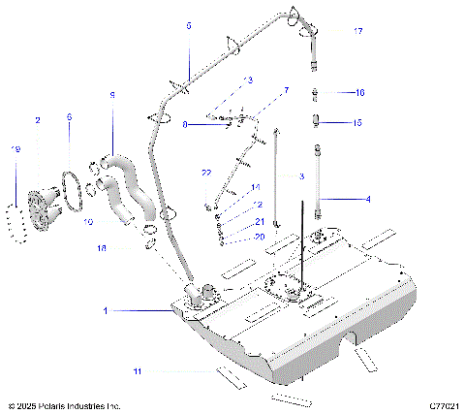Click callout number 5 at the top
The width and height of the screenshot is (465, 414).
pyautogui.click(x=189, y=25)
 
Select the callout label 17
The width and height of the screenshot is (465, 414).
pyautogui.click(x=358, y=32)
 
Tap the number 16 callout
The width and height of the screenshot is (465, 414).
pyautogui.click(x=358, y=93)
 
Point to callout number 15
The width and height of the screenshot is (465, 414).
pyautogui.click(x=357, y=123)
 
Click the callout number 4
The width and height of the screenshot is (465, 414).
pyautogui.click(x=368, y=200)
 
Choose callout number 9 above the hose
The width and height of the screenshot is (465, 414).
pyautogui.click(x=111, y=95)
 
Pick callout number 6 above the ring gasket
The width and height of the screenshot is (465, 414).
pyautogui.click(x=69, y=117)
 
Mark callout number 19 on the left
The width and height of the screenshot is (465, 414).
pyautogui.click(x=15, y=149)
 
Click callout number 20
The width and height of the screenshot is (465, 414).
pyautogui.click(x=260, y=237)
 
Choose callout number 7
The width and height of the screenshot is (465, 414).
pyautogui.click(x=286, y=90)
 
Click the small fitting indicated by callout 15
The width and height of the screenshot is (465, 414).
pyautogui.click(x=317, y=121)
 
